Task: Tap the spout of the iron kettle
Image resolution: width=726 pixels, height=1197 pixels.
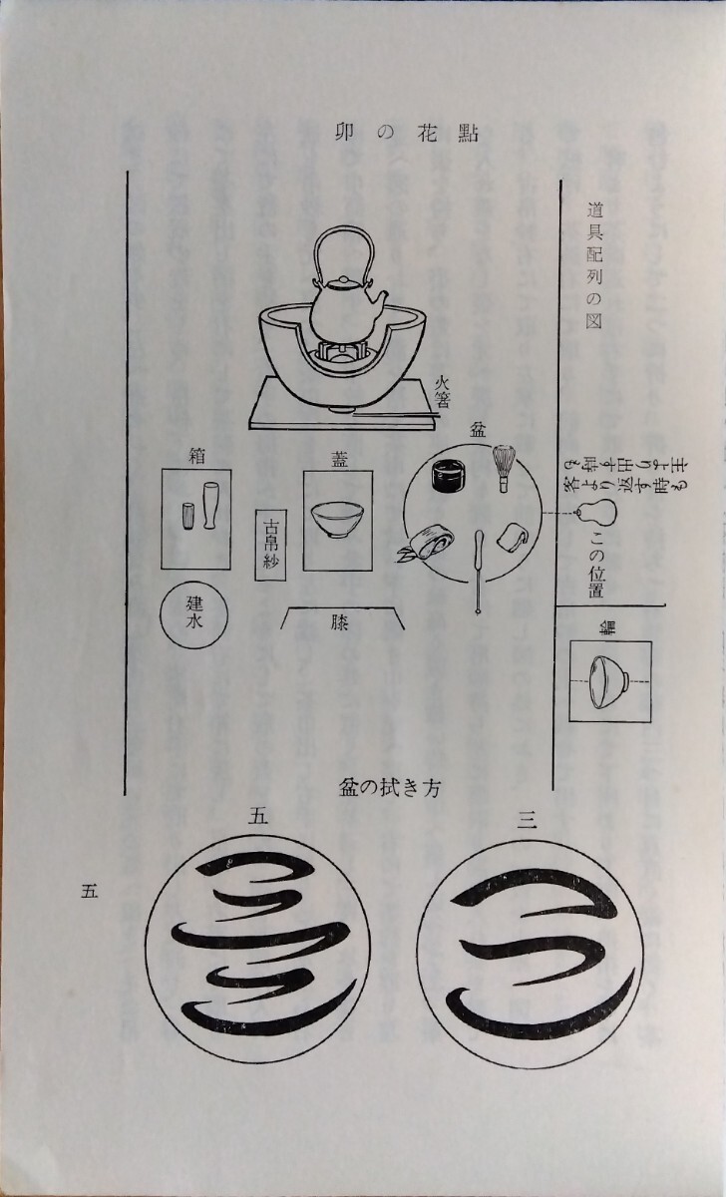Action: pyautogui.click(x=378, y=297)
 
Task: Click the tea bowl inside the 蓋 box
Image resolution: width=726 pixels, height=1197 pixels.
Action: pyautogui.click(x=338, y=521)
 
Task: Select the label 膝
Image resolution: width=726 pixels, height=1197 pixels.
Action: pyautogui.click(x=341, y=620)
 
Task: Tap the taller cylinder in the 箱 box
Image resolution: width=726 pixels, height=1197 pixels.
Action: pyautogui.click(x=211, y=506)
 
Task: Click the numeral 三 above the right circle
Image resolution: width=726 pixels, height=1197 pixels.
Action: pyautogui.click(x=528, y=821)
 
